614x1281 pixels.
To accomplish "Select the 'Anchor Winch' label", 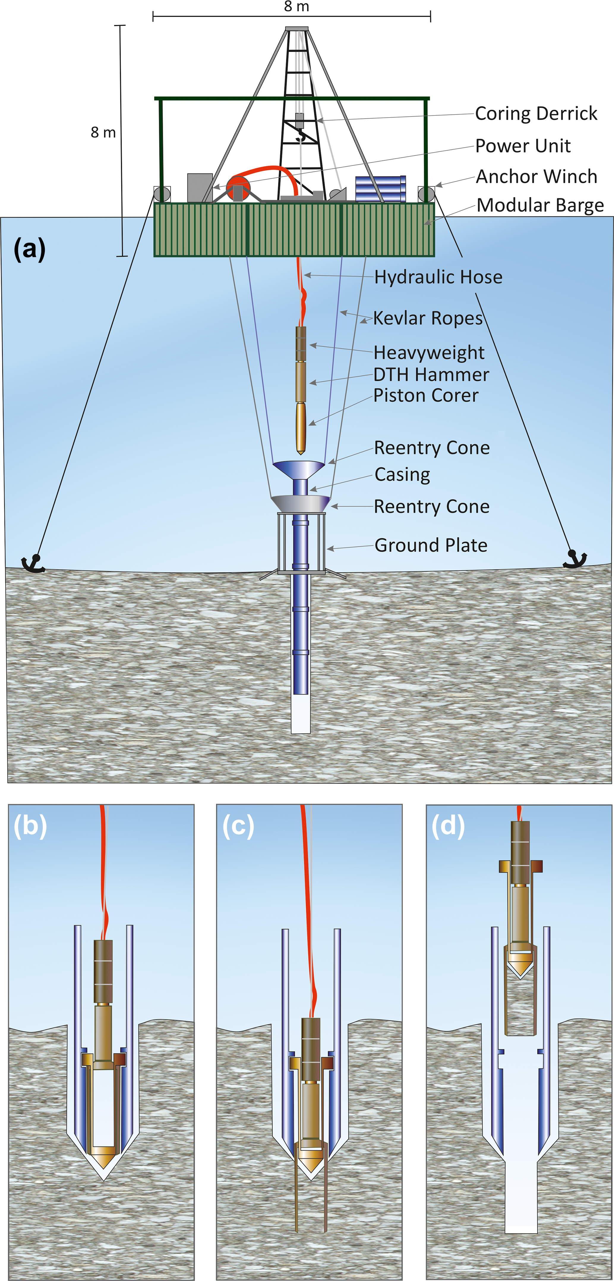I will (x=536, y=177).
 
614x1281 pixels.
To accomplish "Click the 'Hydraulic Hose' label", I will (x=438, y=277).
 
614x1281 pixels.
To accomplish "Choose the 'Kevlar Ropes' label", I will (x=428, y=318).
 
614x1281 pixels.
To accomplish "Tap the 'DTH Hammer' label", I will (x=431, y=375).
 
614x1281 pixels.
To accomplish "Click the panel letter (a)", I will (x=29, y=249).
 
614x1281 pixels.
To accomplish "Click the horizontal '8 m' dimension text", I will (x=296, y=7).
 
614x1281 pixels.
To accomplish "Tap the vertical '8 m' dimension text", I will (x=103, y=133).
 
